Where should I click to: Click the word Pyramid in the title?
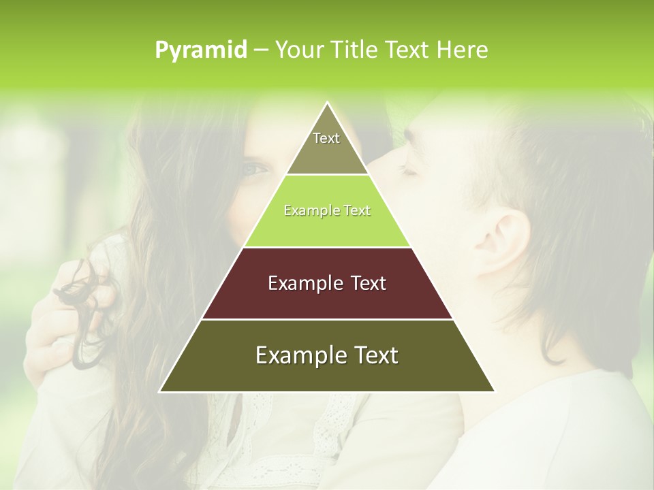coord(200,50)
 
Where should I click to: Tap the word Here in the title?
coord(463,50)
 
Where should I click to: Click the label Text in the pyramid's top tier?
coord(326,138)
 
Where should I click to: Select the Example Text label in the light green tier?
coord(327,210)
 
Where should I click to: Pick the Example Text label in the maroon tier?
coord(327,283)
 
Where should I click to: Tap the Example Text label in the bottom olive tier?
coord(327,355)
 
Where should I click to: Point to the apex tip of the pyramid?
coord(327,103)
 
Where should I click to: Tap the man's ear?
coord(504,242)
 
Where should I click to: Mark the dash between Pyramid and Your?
coord(261,50)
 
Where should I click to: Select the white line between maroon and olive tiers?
coord(327,319)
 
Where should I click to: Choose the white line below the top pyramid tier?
coord(327,175)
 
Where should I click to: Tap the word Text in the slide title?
coord(406,50)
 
